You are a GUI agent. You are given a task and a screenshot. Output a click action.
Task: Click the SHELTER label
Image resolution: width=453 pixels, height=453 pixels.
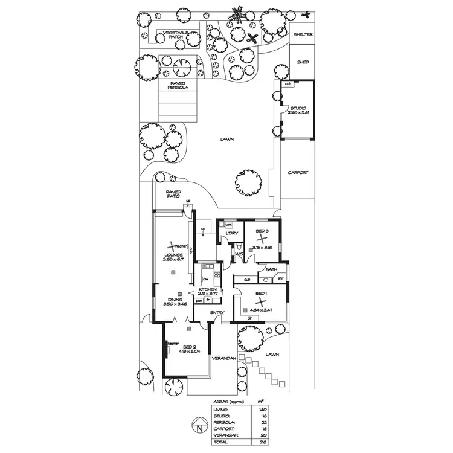[x=303, y=34]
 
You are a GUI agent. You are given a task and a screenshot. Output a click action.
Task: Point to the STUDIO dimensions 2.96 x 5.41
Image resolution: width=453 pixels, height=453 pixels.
[x=298, y=113]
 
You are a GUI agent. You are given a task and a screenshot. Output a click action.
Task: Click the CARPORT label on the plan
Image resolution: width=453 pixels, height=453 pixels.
[x=297, y=172]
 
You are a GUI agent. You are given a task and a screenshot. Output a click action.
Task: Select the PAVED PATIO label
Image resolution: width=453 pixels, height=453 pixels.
[x=173, y=195]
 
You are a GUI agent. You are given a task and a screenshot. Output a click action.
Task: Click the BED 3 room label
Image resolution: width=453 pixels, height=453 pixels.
[x=262, y=232]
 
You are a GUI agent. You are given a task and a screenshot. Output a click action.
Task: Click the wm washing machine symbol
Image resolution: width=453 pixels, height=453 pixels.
[x=228, y=225]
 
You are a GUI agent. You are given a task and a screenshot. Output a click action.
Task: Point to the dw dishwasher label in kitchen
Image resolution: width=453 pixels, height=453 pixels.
[x=205, y=278]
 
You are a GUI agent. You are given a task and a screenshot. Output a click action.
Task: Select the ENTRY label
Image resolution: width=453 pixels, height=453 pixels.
[x=217, y=312]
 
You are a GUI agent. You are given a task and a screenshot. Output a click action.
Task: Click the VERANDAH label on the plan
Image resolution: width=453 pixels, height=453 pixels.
[x=223, y=359]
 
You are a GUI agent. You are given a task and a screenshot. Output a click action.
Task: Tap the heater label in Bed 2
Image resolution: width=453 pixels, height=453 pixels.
[x=173, y=342]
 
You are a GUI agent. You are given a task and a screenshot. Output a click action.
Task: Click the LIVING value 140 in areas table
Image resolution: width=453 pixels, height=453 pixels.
[x=262, y=409]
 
